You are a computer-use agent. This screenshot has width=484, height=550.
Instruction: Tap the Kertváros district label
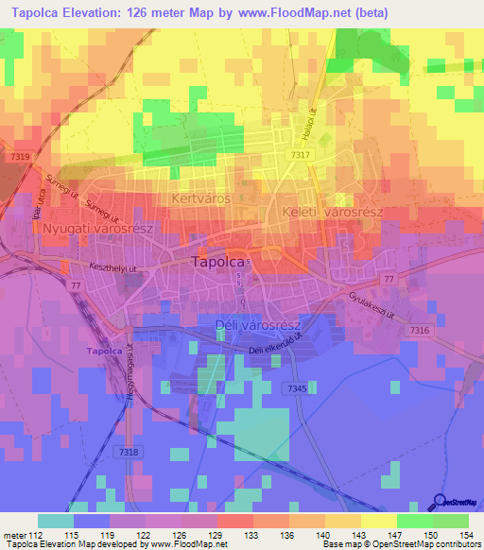point(202,199)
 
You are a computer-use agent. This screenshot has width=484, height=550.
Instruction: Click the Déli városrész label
point(252,325)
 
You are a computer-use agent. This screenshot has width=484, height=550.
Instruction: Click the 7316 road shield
point(421,331)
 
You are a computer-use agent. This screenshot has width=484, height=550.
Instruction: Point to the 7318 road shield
point(130,454)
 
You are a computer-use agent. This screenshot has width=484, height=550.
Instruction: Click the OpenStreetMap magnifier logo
point(441,503)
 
